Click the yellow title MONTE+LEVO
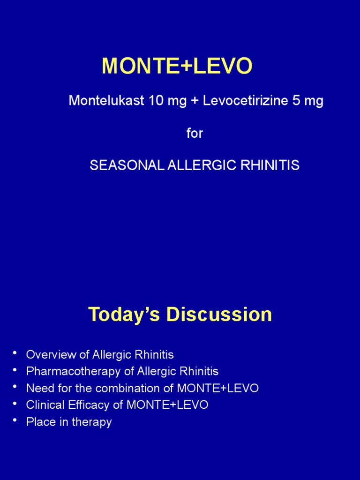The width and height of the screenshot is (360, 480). (x=177, y=67)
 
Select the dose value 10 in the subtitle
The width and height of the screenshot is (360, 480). (x=154, y=101)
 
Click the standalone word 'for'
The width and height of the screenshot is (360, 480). (x=195, y=133)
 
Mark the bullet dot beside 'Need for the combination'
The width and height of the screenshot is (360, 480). (x=16, y=387)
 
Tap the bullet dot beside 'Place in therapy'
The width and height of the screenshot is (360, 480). (x=16, y=420)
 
